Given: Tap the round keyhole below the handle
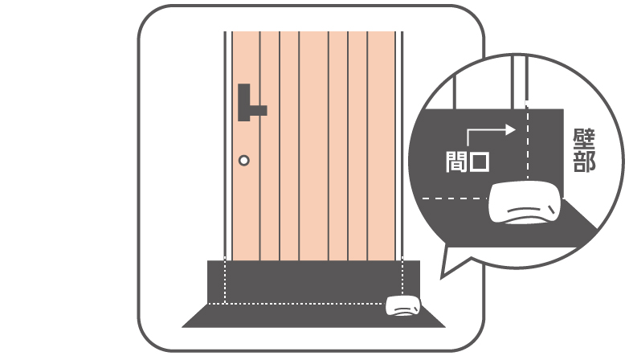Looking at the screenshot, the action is click(x=244, y=161).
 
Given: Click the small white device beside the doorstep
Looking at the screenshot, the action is click(x=403, y=306).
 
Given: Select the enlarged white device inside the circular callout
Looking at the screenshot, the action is click(x=525, y=202).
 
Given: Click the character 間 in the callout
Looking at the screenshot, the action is click(x=457, y=162).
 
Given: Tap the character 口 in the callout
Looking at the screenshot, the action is click(x=480, y=162).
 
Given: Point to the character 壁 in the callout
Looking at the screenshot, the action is click(x=584, y=139).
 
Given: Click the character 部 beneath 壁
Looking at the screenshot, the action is click(x=584, y=162).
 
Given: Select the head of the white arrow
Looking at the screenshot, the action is click(x=511, y=129).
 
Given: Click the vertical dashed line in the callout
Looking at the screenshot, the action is click(x=528, y=143).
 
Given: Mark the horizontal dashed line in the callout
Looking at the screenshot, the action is click(x=455, y=198).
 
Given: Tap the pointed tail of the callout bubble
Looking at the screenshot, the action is click(x=443, y=277).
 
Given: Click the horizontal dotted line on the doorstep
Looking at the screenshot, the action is click(x=296, y=304).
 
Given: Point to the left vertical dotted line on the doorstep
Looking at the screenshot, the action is click(x=225, y=280).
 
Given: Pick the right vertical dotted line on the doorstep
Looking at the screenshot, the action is click(x=402, y=276).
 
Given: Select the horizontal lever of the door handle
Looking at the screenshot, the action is click(x=259, y=110).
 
